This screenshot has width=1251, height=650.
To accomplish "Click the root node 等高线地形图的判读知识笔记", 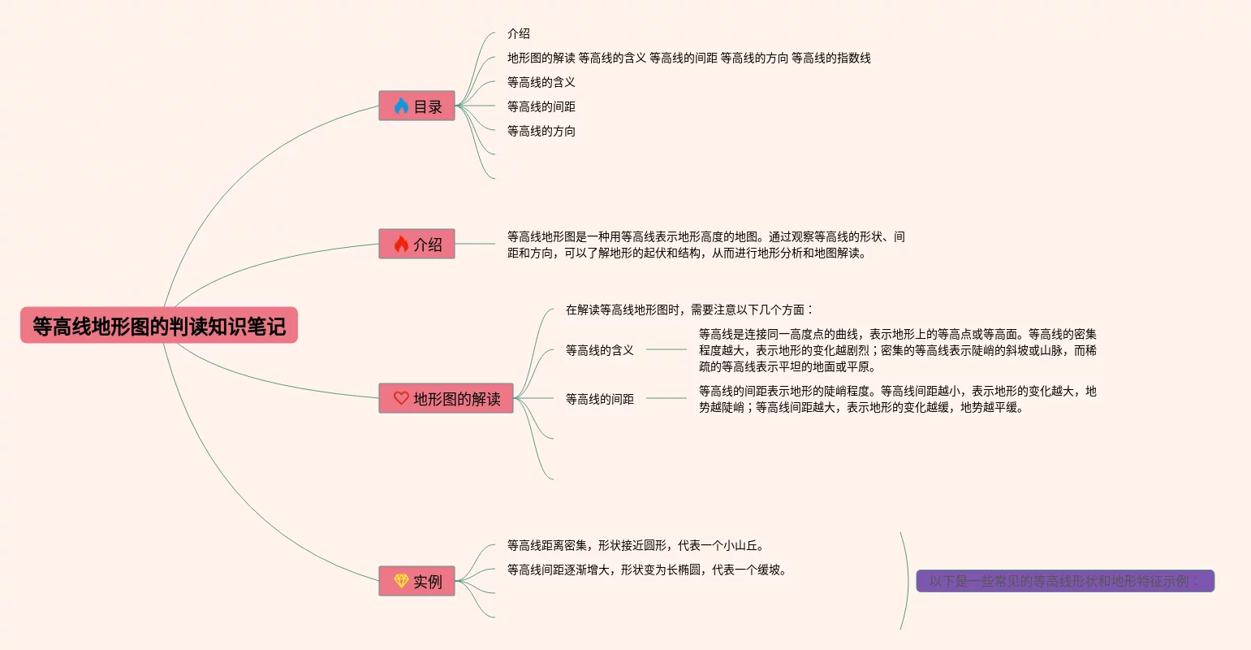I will [x=159, y=326].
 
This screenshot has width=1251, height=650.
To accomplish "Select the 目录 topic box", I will [x=416, y=106].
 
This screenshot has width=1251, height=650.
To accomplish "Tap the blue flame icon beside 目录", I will [x=401, y=106].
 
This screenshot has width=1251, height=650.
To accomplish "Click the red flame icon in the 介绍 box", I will [x=401, y=245].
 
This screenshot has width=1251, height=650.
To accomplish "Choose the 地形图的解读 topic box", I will [x=446, y=398].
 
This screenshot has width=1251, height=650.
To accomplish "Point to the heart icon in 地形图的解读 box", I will [x=401, y=398].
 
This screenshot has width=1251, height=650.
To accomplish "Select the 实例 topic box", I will [x=416, y=582].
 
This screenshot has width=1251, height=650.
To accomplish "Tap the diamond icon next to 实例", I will [x=401, y=581].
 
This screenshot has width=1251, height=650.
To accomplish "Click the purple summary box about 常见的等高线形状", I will [x=1064, y=581].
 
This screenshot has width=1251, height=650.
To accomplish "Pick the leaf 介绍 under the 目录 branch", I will [x=519, y=33].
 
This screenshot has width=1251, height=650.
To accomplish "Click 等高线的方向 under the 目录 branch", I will [x=541, y=131].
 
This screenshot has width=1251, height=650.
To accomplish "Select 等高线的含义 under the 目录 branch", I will [x=541, y=82].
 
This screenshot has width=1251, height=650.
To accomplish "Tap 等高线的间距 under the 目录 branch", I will [x=541, y=106].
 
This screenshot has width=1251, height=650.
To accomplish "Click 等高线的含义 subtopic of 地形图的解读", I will [x=600, y=350].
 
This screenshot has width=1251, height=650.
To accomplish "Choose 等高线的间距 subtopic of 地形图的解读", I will [x=600, y=399].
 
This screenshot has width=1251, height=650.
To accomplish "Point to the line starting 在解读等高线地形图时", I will [x=689, y=310].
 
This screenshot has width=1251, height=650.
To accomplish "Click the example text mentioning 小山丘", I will [x=636, y=545].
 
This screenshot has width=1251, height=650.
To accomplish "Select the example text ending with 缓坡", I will [x=647, y=570].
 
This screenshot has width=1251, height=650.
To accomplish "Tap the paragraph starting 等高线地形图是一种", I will [x=705, y=245].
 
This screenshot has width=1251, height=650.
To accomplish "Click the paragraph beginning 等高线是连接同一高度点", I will [x=897, y=350].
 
